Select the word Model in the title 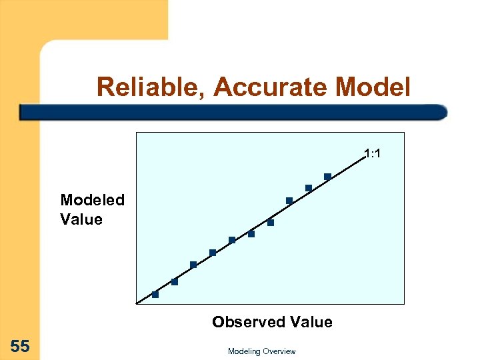(374, 87)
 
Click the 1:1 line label (373, 155)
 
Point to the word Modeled (92, 200)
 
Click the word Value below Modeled (81, 219)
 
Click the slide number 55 (20, 345)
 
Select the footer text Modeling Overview (261, 351)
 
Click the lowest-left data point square (155, 294)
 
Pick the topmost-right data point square (327, 177)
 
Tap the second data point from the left (175, 282)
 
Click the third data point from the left (193, 265)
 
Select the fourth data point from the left (213, 253)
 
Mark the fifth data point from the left (232, 240)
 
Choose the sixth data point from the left (251, 234)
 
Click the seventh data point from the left (271, 223)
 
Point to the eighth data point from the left (289, 201)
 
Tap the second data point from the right (309, 188)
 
